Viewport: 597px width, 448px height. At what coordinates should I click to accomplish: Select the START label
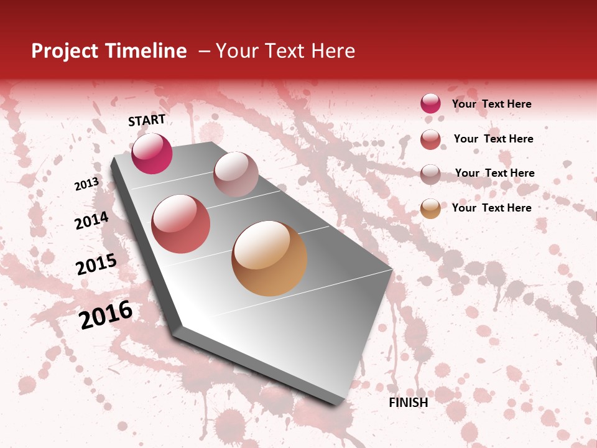(147, 120)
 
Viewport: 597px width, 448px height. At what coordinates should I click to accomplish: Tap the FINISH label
(409, 403)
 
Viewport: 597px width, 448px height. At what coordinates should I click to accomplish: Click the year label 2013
(86, 184)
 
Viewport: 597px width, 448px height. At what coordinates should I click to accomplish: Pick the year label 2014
(91, 220)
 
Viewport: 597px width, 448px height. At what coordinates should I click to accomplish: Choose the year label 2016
(106, 315)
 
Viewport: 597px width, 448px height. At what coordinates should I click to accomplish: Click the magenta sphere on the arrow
(152, 154)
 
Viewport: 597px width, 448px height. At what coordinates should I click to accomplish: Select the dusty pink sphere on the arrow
(236, 174)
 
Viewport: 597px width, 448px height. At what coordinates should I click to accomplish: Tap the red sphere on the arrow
(181, 224)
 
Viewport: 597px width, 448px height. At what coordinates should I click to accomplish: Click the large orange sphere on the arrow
(269, 258)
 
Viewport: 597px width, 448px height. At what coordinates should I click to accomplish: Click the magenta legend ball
(430, 104)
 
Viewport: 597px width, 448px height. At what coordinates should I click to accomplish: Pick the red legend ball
(430, 139)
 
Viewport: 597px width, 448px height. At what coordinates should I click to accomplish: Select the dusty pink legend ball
(430, 174)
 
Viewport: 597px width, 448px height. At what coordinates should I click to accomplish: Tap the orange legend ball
(430, 208)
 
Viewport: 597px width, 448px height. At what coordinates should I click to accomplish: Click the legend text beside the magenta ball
(491, 104)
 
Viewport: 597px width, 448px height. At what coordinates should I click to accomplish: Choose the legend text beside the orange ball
(491, 208)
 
